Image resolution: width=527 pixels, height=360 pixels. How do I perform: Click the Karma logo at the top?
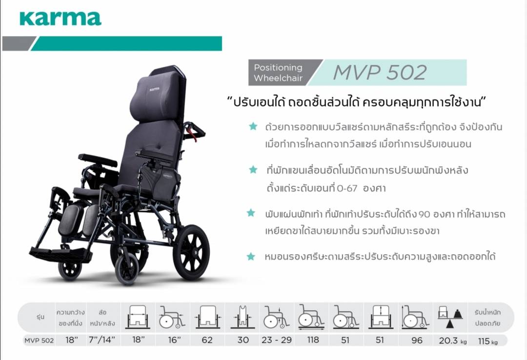(x=61, y=19)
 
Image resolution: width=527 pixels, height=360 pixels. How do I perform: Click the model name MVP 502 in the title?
(x=380, y=72)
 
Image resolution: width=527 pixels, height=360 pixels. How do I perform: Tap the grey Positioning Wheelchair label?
(x=278, y=73)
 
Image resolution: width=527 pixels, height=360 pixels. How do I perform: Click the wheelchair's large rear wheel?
(x=191, y=252)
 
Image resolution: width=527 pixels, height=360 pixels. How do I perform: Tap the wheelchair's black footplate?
(x=60, y=254)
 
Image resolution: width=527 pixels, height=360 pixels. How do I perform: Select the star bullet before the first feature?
(x=253, y=126)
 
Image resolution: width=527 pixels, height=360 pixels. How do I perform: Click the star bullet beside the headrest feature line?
(x=251, y=257)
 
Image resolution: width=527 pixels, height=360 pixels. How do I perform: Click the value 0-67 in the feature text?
(x=347, y=188)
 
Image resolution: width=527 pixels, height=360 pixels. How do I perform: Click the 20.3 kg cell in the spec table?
(x=452, y=340)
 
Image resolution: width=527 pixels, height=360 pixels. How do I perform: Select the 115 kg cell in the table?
(x=487, y=341)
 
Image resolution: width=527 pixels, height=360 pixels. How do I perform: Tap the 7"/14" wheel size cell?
(x=101, y=340)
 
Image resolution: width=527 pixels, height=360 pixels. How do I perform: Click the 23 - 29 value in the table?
(x=277, y=340)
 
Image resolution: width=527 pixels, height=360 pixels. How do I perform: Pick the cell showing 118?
(x=313, y=340)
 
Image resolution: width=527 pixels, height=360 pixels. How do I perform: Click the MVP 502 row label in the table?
(x=39, y=340)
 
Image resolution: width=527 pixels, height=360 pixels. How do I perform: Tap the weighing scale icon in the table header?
(x=450, y=316)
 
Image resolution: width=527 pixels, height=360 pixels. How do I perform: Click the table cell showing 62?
(x=207, y=340)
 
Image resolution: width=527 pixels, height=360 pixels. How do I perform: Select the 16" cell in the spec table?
(x=174, y=340)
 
